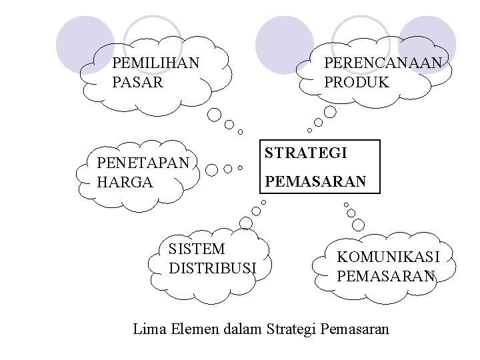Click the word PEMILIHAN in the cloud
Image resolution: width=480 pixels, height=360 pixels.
pos(156,64)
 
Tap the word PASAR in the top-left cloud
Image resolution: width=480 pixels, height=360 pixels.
pos(137,83)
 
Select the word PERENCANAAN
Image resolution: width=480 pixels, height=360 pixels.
pos(383,64)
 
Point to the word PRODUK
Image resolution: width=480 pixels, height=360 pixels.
pos(356,83)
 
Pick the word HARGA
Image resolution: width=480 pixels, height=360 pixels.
pos(125,181)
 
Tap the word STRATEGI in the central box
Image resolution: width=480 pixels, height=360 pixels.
pos(306,153)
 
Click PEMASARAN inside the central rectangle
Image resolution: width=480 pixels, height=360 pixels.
pos(315,181)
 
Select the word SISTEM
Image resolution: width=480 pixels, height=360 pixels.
pos(197,249)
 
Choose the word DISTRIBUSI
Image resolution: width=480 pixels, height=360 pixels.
pos(213,268)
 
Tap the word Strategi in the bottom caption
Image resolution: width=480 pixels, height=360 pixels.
pos(291,329)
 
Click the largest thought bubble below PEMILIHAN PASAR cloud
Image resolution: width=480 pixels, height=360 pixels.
pos(214,115)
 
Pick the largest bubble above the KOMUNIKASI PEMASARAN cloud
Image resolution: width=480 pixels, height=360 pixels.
pos(359,225)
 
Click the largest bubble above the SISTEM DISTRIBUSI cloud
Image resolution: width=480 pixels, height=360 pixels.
pos(245,223)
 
